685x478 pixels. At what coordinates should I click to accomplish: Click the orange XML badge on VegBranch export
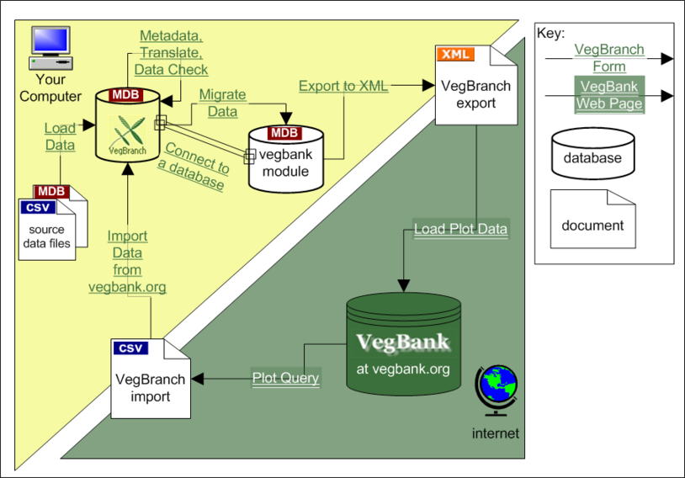click(x=455, y=54)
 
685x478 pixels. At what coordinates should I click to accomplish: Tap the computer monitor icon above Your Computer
click(x=50, y=48)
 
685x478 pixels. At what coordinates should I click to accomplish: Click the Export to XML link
click(x=343, y=86)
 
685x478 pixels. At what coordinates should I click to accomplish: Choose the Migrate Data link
click(x=223, y=104)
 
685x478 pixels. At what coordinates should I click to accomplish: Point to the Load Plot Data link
click(x=461, y=229)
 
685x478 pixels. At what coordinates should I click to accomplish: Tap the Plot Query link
click(x=286, y=378)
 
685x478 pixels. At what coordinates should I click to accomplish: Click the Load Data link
click(x=61, y=136)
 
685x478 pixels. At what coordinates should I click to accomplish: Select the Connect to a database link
click(x=194, y=167)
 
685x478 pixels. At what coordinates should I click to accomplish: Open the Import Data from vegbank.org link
click(x=127, y=261)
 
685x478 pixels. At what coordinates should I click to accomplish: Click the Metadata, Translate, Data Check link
click(x=172, y=53)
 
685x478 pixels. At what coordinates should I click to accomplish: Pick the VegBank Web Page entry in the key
click(x=609, y=95)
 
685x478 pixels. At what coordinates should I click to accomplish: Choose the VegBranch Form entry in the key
click(x=609, y=58)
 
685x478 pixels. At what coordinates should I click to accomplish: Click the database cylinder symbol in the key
click(x=592, y=153)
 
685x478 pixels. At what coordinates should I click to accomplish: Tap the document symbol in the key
click(x=592, y=219)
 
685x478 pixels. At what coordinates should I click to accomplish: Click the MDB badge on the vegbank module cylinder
click(x=284, y=133)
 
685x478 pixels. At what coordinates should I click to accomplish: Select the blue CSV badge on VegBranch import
click(x=130, y=348)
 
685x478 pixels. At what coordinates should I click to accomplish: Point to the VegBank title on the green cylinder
click(x=403, y=343)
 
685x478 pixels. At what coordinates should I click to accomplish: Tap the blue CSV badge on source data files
click(x=38, y=208)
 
